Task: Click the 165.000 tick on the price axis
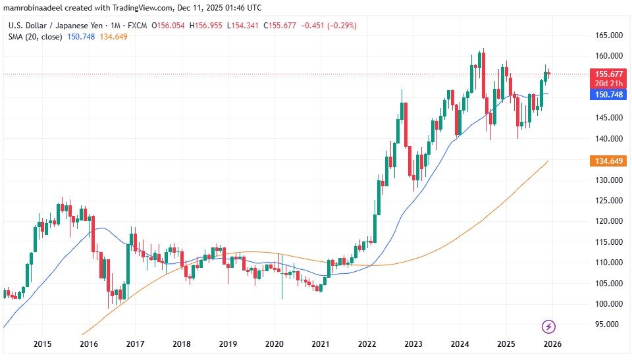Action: click(606, 35)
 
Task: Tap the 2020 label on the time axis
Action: click(274, 344)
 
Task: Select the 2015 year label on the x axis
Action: click(43, 344)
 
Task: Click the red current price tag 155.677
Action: click(606, 74)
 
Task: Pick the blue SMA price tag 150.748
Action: click(606, 95)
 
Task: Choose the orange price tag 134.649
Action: click(606, 161)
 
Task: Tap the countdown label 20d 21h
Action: click(606, 84)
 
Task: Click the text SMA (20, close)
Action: click(35, 37)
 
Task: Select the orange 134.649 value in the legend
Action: click(113, 37)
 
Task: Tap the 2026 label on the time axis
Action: click(552, 344)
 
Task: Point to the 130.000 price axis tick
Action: click(606, 180)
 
